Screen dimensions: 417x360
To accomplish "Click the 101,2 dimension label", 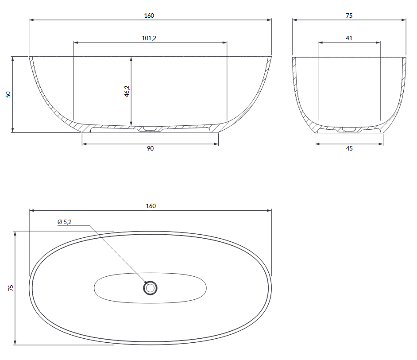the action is tap(149, 38).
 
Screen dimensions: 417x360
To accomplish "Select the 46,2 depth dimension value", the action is tap(127, 91).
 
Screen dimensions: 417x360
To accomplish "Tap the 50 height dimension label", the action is tap(8, 94).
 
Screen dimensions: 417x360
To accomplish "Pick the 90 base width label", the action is tap(150, 148).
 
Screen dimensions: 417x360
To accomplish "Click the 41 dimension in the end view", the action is tap(349, 38).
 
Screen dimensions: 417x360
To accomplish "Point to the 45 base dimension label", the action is tap(349, 148).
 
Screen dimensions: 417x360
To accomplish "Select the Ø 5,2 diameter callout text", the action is tap(65, 222).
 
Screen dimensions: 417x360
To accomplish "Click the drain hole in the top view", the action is tap(150, 288).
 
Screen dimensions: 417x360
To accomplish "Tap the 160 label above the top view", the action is tap(151, 206).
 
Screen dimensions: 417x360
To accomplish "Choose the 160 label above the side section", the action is tap(149, 15).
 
